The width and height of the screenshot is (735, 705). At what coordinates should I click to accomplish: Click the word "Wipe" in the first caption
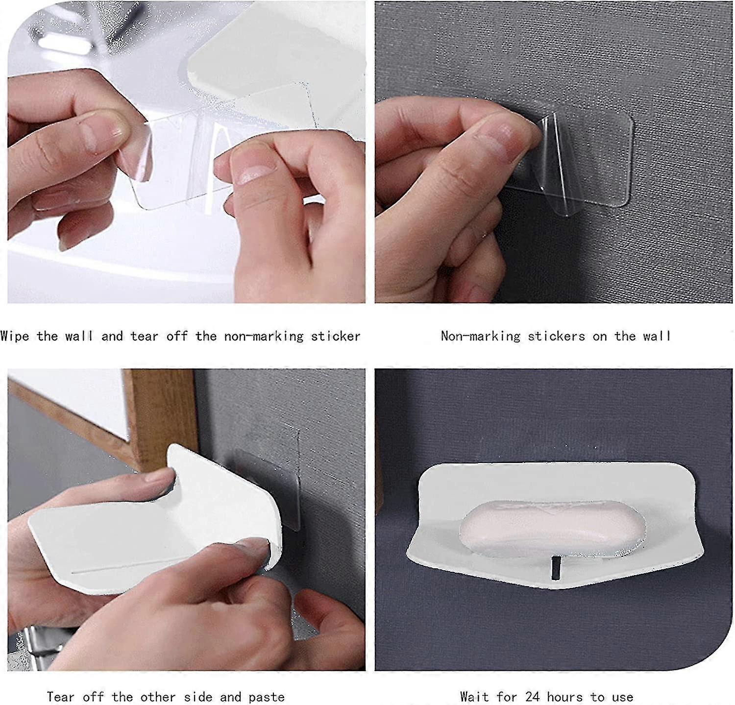click(x=15, y=336)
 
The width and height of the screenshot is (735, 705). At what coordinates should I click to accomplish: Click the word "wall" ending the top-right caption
click(x=657, y=336)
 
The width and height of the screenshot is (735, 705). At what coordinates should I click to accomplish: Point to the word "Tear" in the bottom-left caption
click(x=61, y=696)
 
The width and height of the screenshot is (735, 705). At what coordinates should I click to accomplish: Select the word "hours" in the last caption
click(x=566, y=696)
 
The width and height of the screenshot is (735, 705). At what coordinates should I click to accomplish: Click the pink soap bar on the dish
click(x=551, y=529)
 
